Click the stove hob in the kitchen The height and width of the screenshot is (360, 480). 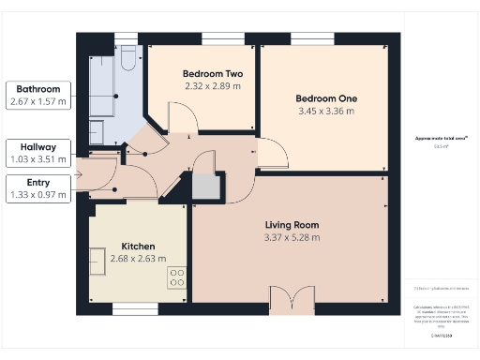click(x=176, y=277)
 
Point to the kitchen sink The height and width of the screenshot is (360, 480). click(x=97, y=260)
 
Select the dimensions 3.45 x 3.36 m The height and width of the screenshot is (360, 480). click(x=324, y=111)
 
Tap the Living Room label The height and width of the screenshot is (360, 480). click(x=291, y=225)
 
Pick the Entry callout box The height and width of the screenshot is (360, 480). click(x=38, y=188)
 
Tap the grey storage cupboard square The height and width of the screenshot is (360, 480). click(x=204, y=187)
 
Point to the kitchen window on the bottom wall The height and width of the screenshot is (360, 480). click(x=127, y=307)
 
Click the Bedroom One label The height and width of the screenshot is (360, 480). click(x=324, y=98)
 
